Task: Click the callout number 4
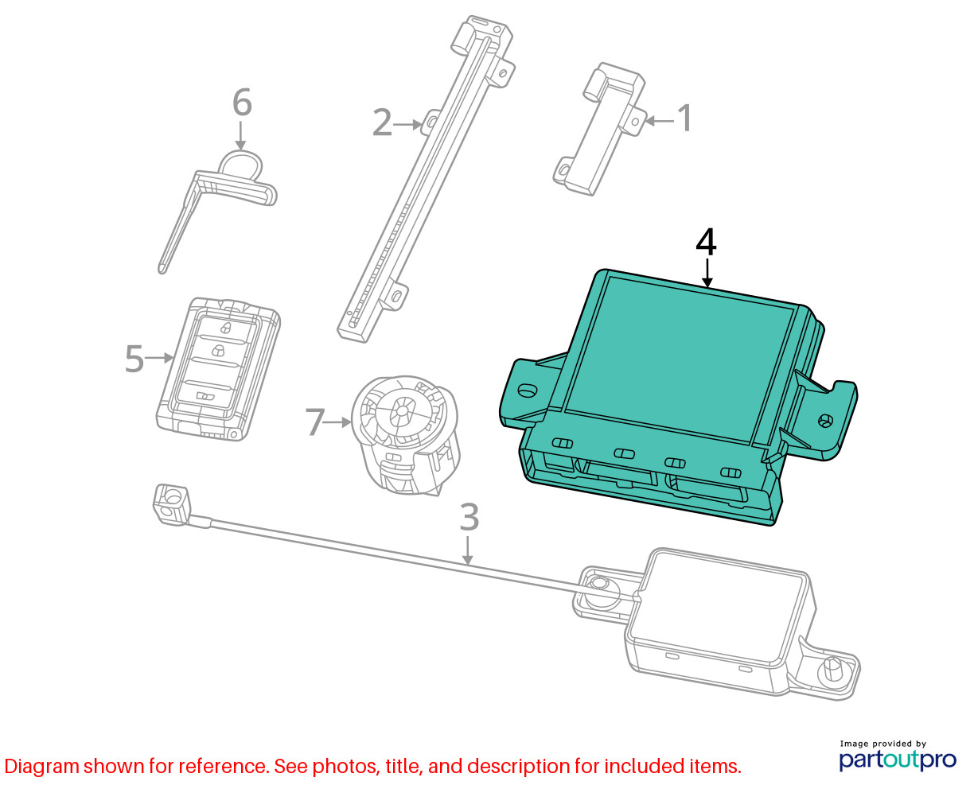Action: pyautogui.click(x=706, y=243)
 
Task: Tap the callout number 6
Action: pyautogui.click(x=243, y=103)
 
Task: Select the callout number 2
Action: pyautogui.click(x=382, y=122)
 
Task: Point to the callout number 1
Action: pyautogui.click(x=684, y=118)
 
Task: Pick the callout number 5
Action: pyautogui.click(x=134, y=359)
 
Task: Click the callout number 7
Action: pyautogui.click(x=314, y=422)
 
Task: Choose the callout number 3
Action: pyautogui.click(x=469, y=517)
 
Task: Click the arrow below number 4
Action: pyautogui.click(x=707, y=274)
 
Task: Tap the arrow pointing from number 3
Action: pyautogui.click(x=467, y=551)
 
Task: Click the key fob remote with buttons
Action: pyautogui.click(x=218, y=369)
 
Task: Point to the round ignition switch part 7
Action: pyautogui.click(x=405, y=435)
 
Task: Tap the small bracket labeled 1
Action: pyautogui.click(x=600, y=130)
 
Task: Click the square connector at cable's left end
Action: pyautogui.click(x=170, y=505)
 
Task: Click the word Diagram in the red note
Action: pyautogui.click(x=42, y=766)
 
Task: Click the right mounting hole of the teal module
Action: pyautogui.click(x=825, y=420)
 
